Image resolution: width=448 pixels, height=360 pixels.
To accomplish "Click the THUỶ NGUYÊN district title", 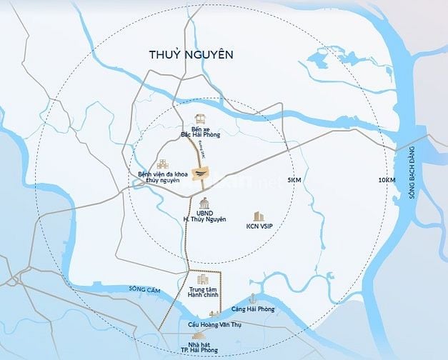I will (x=191, y=54).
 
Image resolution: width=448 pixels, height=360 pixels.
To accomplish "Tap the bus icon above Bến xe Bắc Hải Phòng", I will (x=200, y=119).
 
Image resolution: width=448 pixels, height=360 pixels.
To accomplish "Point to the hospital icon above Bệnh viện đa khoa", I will (x=163, y=164).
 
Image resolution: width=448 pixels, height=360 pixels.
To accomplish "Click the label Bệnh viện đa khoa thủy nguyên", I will (x=160, y=176).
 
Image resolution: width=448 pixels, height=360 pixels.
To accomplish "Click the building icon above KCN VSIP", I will (x=257, y=216).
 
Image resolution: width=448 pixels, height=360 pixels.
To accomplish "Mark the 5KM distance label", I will (x=294, y=180).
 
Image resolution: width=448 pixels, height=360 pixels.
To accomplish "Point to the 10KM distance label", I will (x=387, y=180).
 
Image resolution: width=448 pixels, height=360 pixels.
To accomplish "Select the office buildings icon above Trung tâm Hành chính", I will (x=202, y=280).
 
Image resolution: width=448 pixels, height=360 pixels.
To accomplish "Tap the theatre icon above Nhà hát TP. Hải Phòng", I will (x=198, y=335).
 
